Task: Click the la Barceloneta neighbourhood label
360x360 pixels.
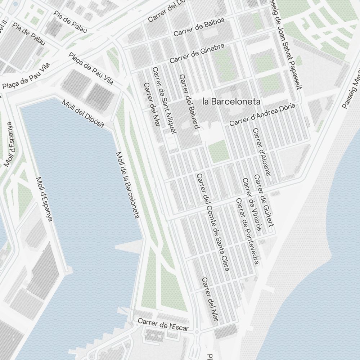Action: pyautogui.click(x=231, y=102)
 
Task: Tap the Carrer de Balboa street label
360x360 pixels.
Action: pyautogui.click(x=199, y=27)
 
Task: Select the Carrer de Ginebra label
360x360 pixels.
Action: pyautogui.click(x=197, y=53)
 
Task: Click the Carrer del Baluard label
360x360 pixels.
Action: pyautogui.click(x=189, y=102)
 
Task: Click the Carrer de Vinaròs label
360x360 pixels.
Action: pyautogui.click(x=252, y=204)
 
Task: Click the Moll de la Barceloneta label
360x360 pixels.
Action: pyautogui.click(x=127, y=185)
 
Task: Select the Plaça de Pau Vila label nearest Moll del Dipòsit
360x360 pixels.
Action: pyautogui.click(x=91, y=68)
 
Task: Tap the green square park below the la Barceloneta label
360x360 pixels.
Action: pyautogui.click(x=219, y=151)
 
